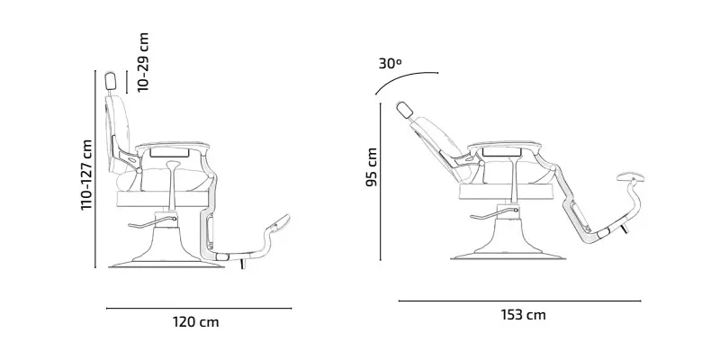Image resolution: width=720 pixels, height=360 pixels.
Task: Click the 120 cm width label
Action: (195, 322)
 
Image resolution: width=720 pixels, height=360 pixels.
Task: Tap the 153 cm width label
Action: (523, 315)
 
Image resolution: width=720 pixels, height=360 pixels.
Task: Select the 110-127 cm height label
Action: (86, 175)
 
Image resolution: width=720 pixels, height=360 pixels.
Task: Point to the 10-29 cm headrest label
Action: (144, 62)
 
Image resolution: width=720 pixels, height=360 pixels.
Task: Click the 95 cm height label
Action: (372, 167)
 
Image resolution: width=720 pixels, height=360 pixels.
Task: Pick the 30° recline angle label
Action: (390, 64)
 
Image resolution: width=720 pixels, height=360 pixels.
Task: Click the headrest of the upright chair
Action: (111, 81)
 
